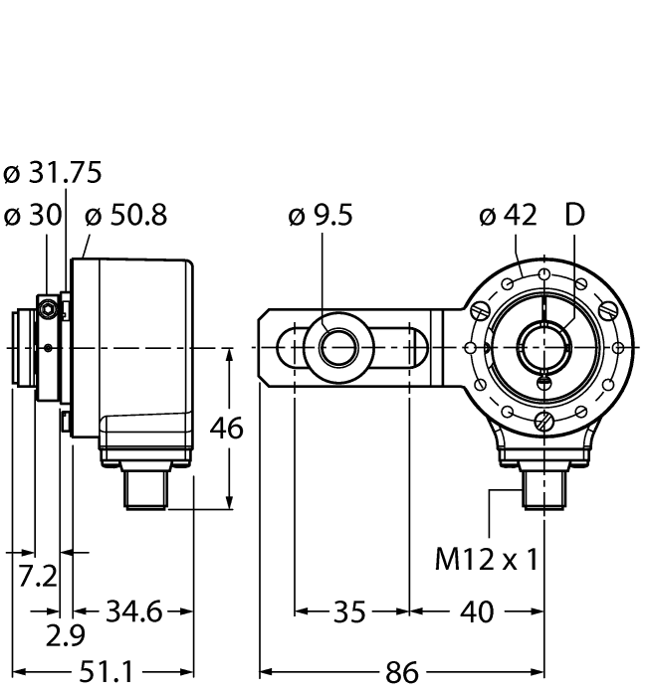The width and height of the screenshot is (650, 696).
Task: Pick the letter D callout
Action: pos(576,215)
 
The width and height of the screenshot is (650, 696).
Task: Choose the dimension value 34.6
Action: pos(133,611)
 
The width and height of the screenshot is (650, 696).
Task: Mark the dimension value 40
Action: pos(477,611)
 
